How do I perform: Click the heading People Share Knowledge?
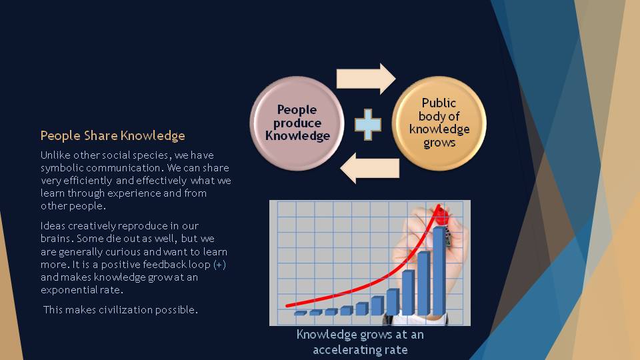[113, 135]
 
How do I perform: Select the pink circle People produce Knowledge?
[297, 123]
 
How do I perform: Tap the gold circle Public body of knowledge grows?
[439, 123]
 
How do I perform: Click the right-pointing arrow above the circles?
[366, 79]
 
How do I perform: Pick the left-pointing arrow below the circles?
[369, 168]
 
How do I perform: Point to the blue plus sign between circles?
[368, 125]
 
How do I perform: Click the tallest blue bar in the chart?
[439, 271]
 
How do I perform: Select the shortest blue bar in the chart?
[301, 313]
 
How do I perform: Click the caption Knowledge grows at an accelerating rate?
[360, 342]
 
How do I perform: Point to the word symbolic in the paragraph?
[62, 168]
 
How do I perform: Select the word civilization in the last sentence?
[126, 310]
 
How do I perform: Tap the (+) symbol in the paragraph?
[219, 265]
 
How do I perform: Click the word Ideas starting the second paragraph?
[53, 226]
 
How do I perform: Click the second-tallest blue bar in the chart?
[424, 283]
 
